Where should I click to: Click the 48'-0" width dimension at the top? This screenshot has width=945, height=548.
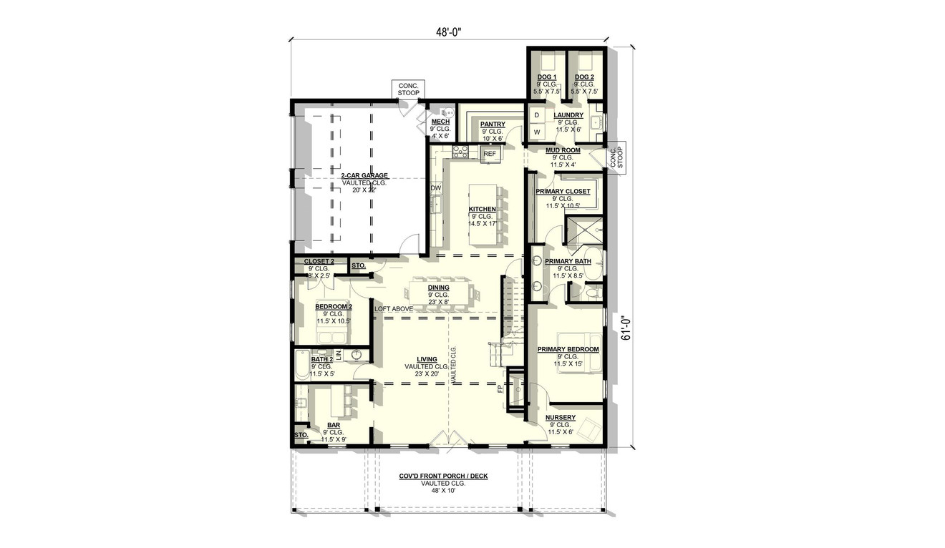click(x=448, y=31)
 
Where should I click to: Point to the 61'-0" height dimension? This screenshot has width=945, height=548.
click(x=626, y=328)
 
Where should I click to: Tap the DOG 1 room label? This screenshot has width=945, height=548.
click(x=547, y=77)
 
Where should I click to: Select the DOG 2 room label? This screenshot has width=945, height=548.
click(x=584, y=77)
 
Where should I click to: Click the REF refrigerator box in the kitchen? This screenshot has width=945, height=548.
click(x=490, y=154)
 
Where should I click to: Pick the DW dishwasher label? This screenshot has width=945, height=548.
click(x=435, y=188)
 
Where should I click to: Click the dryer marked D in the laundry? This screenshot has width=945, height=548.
click(x=536, y=115)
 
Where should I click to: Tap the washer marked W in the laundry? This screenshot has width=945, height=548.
click(x=536, y=132)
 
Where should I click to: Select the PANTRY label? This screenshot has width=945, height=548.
click(x=493, y=124)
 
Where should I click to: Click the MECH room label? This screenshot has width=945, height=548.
click(x=440, y=122)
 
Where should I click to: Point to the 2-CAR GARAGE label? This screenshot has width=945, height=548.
click(x=364, y=175)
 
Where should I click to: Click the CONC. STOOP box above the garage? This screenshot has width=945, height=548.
click(x=409, y=89)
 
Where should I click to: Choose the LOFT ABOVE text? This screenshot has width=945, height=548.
click(x=393, y=308)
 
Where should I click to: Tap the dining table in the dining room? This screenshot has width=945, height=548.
click(x=439, y=293)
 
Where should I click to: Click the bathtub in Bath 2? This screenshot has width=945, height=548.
click(x=301, y=363)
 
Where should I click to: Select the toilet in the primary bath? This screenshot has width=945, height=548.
click(x=591, y=292)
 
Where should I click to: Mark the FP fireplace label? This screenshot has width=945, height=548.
click(x=500, y=389)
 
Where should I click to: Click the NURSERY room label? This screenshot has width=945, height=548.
click(x=561, y=418)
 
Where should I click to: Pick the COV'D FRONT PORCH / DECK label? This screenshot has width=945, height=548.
click(x=447, y=476)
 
